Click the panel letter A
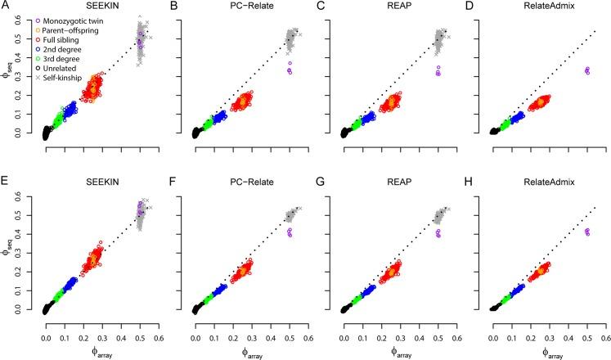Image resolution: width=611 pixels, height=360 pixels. pos(5,6)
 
